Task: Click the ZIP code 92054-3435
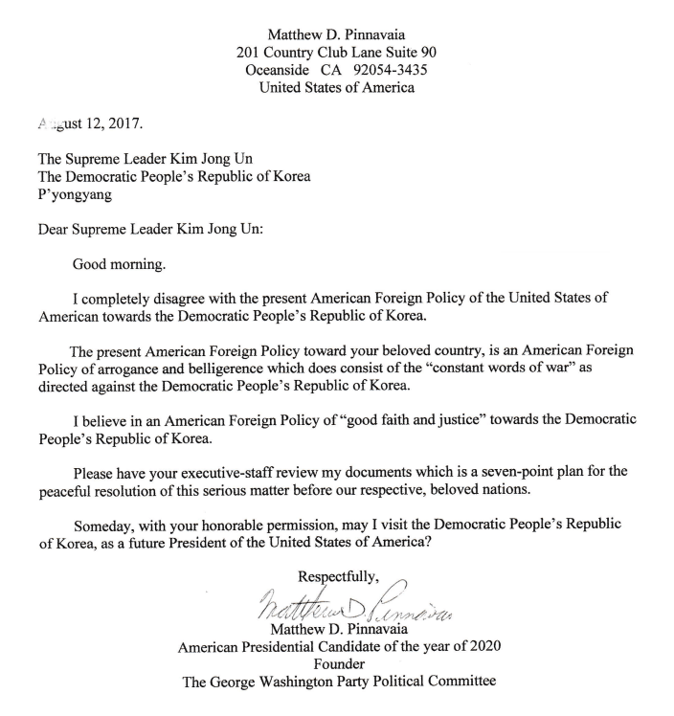click(x=392, y=70)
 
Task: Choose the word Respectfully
click(x=339, y=577)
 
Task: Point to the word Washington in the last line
click(x=298, y=683)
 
